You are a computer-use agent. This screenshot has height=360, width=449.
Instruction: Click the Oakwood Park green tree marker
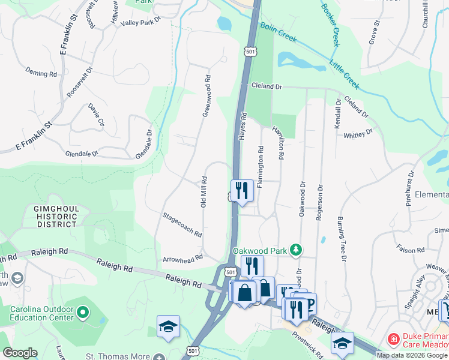(x=295, y=249)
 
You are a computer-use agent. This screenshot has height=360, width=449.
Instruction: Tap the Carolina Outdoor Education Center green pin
(x=83, y=311)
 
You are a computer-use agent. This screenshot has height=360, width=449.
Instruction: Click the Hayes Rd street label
(x=244, y=126)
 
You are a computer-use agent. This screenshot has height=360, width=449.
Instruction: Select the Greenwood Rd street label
(x=206, y=95)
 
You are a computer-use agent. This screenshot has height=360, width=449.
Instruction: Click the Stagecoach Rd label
(x=182, y=224)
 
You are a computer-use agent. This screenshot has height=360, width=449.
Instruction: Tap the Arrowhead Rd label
(x=182, y=259)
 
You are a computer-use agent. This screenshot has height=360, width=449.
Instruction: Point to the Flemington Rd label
(x=261, y=166)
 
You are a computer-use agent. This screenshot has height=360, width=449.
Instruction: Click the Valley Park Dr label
(x=142, y=21)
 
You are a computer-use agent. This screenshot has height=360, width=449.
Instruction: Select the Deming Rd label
(x=41, y=73)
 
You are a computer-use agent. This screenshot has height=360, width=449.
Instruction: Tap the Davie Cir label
(x=96, y=115)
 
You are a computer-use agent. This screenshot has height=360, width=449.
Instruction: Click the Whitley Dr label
(x=358, y=134)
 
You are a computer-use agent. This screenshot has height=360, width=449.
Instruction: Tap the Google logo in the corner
(x=20, y=353)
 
